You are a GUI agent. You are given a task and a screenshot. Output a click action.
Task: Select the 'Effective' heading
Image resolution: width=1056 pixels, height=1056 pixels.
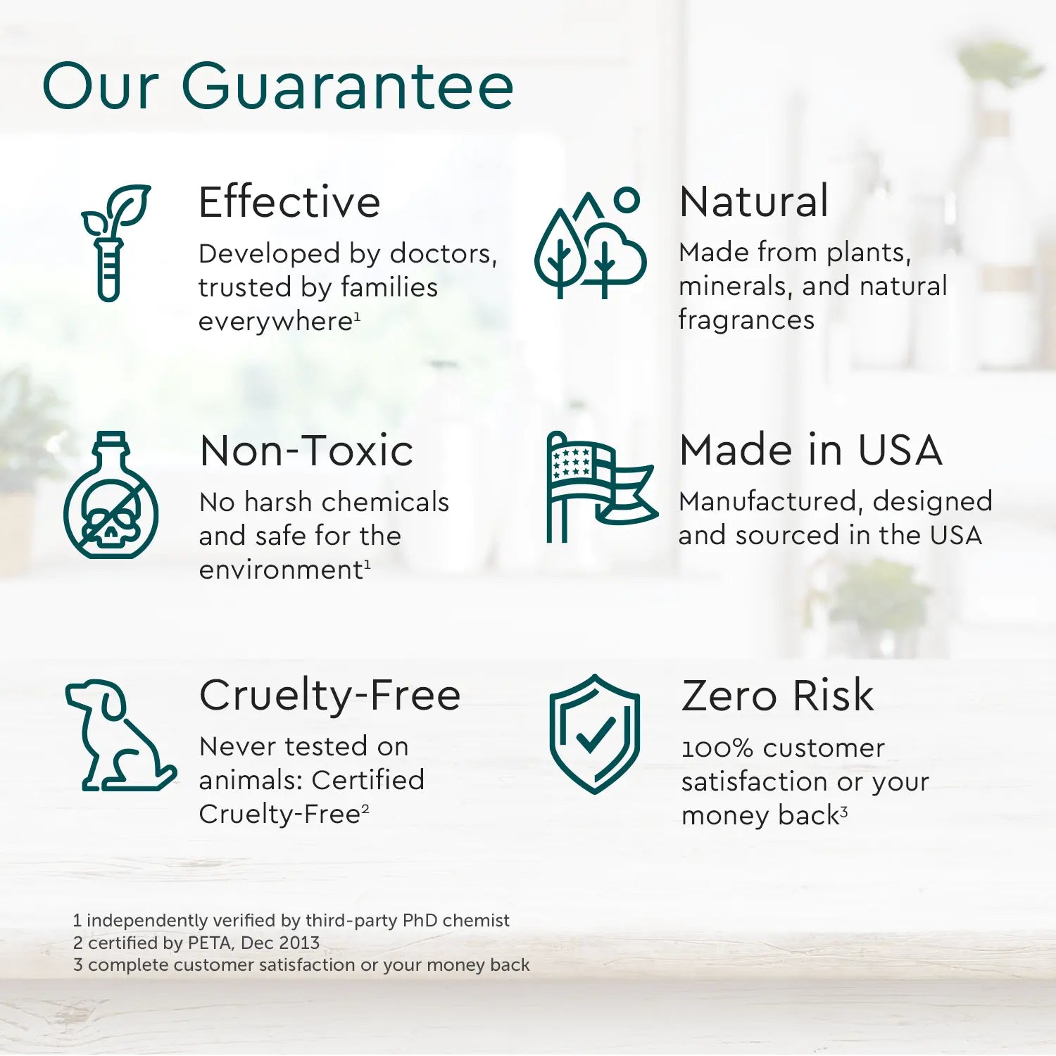click(x=289, y=202)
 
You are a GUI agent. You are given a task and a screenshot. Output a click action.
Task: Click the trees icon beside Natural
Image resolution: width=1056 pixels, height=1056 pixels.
click(x=590, y=243)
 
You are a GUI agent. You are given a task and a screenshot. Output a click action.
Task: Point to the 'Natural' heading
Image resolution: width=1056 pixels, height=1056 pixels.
click(x=754, y=201)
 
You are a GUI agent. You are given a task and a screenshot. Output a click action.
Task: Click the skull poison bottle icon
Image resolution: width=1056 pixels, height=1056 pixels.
click(x=111, y=496)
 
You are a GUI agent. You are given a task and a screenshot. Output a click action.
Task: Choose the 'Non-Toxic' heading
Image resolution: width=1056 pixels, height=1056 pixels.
click(x=306, y=451)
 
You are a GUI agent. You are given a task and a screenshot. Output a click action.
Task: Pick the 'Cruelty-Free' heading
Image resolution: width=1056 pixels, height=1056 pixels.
click(x=329, y=695)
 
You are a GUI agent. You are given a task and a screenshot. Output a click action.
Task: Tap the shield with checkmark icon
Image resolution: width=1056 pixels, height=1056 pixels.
click(x=595, y=734)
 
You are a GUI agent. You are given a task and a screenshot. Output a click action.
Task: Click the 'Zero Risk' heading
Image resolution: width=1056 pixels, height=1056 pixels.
click(x=777, y=696)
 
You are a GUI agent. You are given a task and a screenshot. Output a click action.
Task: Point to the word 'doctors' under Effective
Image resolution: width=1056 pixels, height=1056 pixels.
click(x=444, y=253)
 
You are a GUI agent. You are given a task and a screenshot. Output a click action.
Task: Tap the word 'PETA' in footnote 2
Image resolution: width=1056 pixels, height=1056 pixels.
click(x=211, y=943)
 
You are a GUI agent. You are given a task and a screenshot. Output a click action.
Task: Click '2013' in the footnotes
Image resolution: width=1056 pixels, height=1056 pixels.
click(x=298, y=943)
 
